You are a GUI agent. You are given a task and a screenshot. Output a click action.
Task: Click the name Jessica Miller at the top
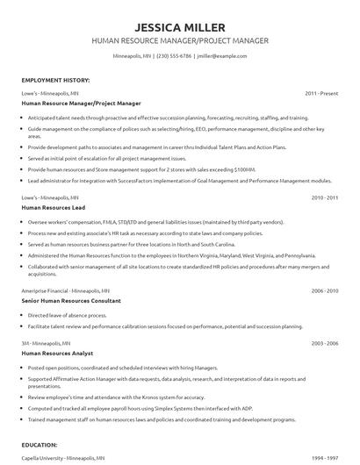click(x=179, y=25)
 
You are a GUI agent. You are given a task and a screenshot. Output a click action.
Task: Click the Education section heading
click(x=40, y=445)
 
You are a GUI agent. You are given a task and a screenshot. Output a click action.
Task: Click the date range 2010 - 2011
click(x=325, y=199)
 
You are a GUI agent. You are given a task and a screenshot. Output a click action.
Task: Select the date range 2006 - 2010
click(x=325, y=290)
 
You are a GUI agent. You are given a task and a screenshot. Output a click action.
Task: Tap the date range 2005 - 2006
click(x=325, y=341)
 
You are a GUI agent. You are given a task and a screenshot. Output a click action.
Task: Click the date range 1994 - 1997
click(x=325, y=457)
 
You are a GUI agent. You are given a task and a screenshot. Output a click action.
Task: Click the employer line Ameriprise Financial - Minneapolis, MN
click(x=66, y=290)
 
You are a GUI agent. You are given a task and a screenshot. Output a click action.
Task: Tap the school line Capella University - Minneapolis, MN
click(x=62, y=457)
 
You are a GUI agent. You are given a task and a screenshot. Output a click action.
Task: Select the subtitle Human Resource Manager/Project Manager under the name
click(x=179, y=40)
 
